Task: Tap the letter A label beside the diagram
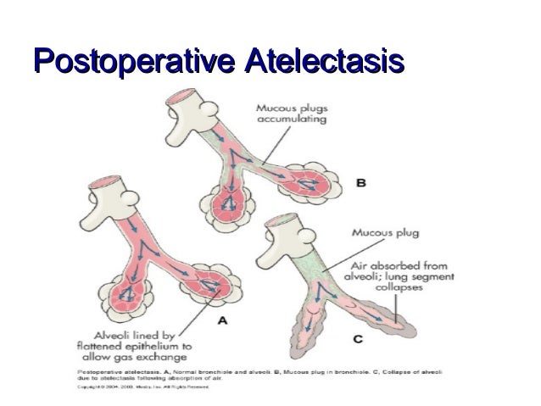[x=222, y=320]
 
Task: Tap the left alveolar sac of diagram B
[x=227, y=203]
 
